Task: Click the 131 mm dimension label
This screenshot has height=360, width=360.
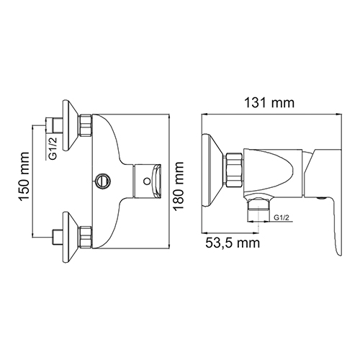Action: pos(269,103)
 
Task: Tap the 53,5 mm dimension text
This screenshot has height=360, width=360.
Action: pos(233,243)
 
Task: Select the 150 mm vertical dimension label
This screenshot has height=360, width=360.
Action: pos(24,176)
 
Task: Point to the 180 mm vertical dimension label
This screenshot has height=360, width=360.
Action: pos(179,186)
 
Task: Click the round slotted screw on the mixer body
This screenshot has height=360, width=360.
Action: pos(103,181)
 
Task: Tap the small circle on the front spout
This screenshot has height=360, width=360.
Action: pos(146,181)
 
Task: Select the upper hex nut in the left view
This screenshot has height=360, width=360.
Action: pos(86,126)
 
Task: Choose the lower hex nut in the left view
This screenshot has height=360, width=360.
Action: pos(86,237)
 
